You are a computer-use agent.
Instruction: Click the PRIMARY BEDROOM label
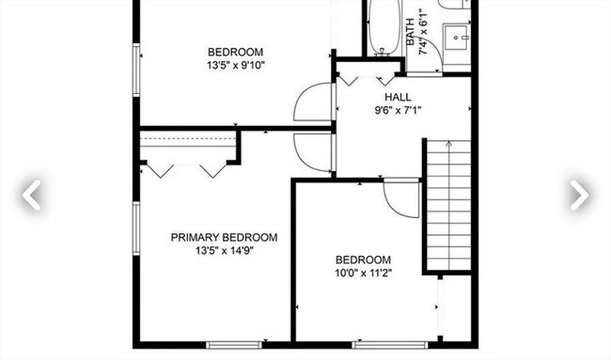[x=224, y=238]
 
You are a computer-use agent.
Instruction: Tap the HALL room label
[x=398, y=97]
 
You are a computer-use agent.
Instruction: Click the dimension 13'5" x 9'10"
[x=235, y=66]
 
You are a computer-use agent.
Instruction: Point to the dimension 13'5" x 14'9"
[x=224, y=251]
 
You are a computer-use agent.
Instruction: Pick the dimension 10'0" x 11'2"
[x=363, y=274]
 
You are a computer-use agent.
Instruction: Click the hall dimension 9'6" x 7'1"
[x=398, y=110]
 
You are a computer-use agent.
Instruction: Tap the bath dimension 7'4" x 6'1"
[x=424, y=35]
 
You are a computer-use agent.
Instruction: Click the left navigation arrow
[x=32, y=195]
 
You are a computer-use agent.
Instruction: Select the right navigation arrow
[x=578, y=195]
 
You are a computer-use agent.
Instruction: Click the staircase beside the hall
[x=447, y=205]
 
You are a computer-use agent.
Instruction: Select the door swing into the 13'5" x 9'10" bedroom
[x=313, y=102]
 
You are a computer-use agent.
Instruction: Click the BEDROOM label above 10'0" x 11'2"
[x=363, y=260]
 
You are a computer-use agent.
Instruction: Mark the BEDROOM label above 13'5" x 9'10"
[x=235, y=52]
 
